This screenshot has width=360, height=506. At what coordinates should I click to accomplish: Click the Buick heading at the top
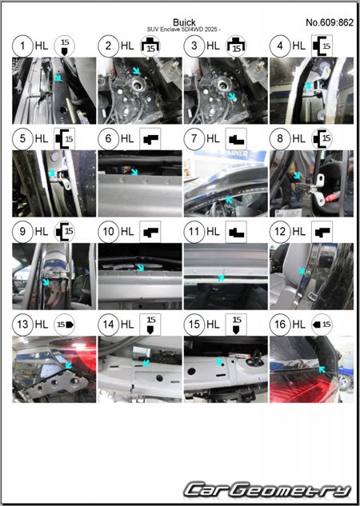(184, 22)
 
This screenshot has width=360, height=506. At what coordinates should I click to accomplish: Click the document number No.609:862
(330, 22)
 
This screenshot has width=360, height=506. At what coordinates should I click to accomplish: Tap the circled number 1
(22, 46)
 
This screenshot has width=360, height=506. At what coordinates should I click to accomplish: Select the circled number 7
(194, 139)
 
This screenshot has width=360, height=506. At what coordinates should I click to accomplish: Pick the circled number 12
(280, 231)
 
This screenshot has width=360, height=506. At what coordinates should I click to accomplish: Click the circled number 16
(280, 325)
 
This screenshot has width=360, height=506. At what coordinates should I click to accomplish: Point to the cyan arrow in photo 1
(58, 78)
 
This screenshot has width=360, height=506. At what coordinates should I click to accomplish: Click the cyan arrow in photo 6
(134, 172)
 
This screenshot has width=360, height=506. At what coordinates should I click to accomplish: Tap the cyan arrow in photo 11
(222, 277)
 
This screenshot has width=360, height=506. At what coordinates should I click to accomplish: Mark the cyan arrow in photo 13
(68, 365)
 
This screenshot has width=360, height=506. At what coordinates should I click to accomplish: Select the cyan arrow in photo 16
(322, 370)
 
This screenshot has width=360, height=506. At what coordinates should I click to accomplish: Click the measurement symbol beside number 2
(150, 46)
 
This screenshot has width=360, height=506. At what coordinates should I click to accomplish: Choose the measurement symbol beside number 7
(236, 139)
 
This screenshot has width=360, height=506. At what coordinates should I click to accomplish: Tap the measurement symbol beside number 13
(64, 325)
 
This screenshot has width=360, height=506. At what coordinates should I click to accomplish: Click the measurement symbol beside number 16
(322, 325)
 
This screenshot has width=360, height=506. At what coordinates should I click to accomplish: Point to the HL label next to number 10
(127, 231)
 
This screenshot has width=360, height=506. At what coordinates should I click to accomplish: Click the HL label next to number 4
(299, 46)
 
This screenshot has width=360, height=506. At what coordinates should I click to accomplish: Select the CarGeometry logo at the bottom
(267, 490)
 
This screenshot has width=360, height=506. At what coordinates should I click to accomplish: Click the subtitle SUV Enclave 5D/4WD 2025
(184, 30)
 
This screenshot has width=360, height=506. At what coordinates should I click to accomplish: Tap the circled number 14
(108, 325)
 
